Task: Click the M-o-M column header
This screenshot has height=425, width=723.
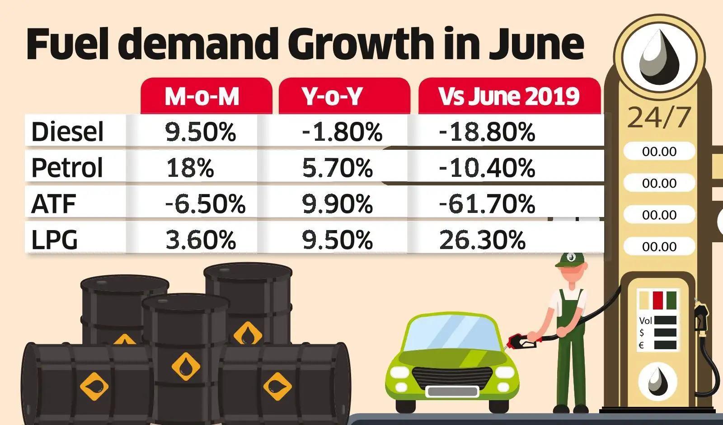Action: coord(202,96)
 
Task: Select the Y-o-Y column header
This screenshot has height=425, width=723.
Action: coord(332,96)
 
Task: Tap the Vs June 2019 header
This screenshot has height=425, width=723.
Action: coord(509,96)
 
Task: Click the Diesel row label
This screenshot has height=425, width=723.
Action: coord(67,132)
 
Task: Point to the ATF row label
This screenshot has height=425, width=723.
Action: coord(53,203)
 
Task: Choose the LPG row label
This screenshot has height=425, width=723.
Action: coord(54,240)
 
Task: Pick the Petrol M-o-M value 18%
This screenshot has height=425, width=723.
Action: coord(190,168)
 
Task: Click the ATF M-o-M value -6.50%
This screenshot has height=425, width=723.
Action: coord(205,203)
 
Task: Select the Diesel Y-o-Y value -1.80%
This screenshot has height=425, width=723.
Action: coord(342,132)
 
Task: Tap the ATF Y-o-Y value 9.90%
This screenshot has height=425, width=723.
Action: coord(337,203)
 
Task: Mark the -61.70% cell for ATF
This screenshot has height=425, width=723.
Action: coord(487,203)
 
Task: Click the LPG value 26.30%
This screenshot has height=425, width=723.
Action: coord(482,240)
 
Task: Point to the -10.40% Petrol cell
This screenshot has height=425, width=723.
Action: coord(487,168)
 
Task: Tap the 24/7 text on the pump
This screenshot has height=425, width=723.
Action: coord(659,118)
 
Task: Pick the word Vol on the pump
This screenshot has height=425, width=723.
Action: coord(645,321)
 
